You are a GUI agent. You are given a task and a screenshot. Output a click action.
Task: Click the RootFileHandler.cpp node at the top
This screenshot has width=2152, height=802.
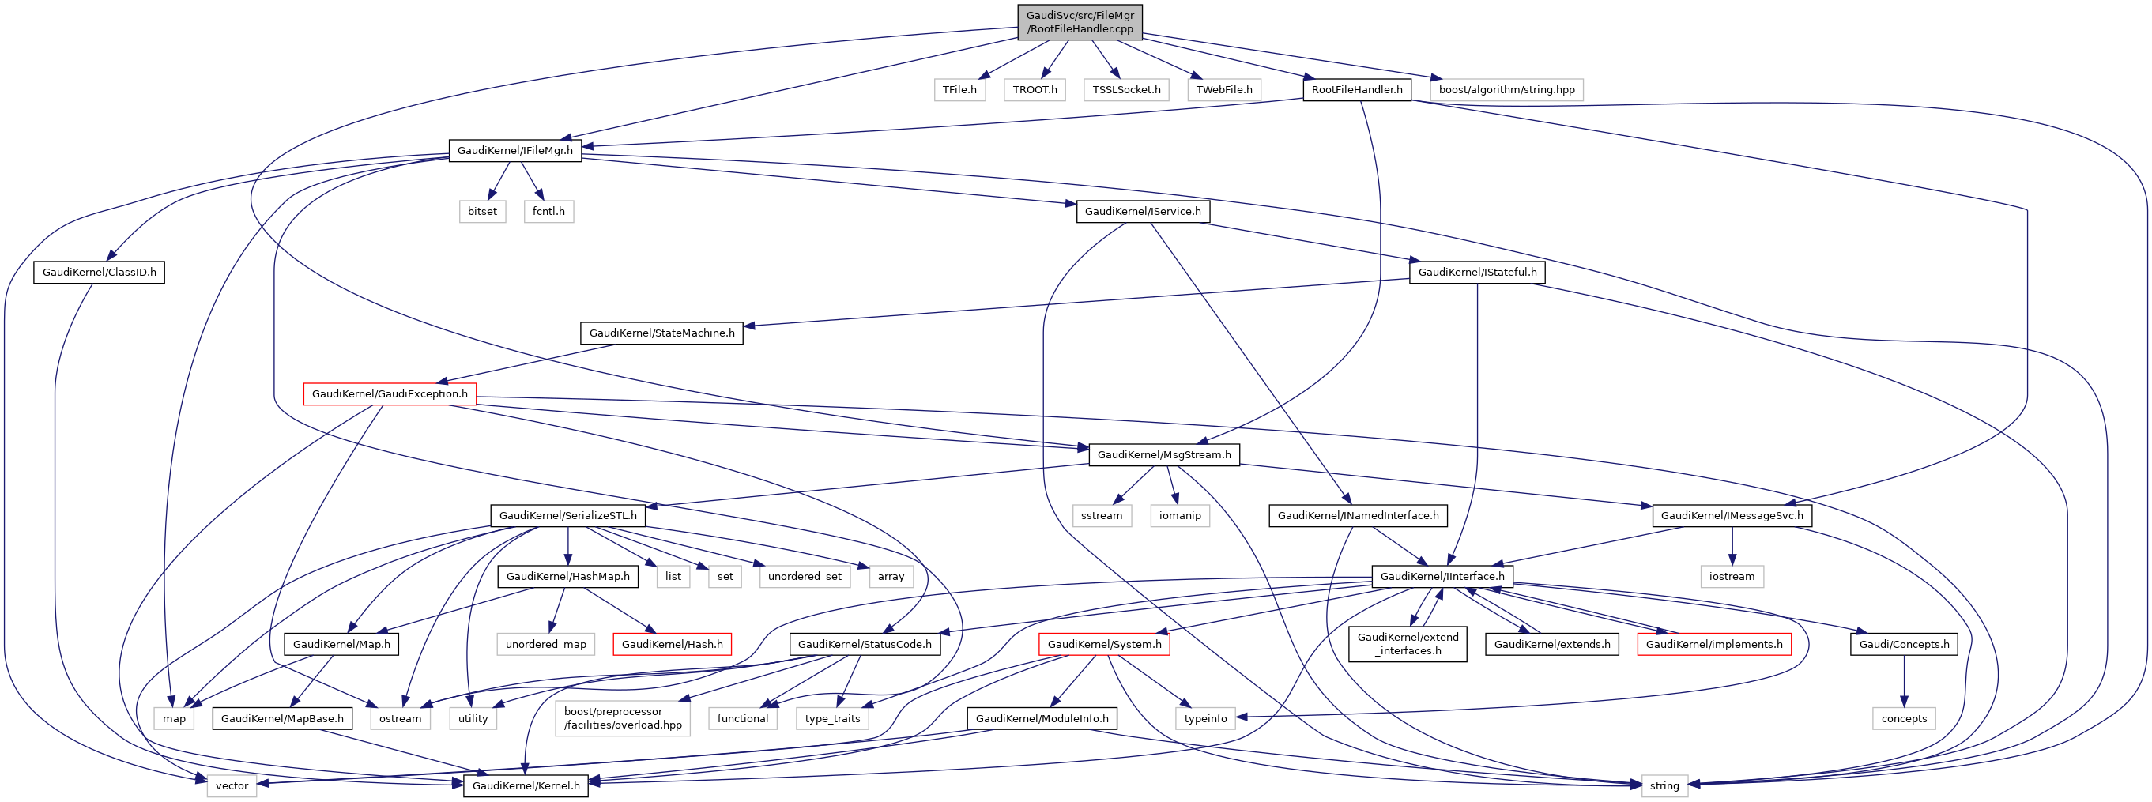point(1080,21)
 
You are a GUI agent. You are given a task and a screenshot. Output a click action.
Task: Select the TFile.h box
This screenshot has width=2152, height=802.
point(959,89)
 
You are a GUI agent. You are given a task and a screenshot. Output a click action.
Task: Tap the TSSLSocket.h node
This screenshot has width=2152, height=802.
point(1126,89)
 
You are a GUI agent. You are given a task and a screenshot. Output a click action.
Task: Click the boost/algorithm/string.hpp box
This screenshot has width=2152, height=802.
point(1506,89)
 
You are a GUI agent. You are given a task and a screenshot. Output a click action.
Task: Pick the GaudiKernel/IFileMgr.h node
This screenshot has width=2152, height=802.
point(514,150)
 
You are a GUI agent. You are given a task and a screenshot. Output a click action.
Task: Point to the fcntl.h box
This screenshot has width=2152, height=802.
point(548,211)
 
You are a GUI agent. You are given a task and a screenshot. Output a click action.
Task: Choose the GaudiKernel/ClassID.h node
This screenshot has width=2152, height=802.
point(99,273)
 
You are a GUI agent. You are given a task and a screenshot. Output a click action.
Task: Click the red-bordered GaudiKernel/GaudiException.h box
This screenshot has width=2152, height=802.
point(390,393)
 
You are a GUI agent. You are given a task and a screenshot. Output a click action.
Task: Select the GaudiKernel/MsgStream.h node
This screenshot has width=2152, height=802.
point(1163,454)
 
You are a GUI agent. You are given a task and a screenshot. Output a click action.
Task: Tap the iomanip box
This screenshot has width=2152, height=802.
point(1180,515)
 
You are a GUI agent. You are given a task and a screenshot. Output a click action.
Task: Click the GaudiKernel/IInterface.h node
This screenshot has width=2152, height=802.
point(1442,577)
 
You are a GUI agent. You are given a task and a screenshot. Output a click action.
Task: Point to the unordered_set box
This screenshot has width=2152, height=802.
point(805,577)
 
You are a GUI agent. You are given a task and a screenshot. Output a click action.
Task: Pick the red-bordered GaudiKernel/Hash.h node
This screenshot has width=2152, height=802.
point(672,644)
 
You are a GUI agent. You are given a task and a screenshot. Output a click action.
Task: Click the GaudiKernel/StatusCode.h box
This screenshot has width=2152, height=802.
point(864,644)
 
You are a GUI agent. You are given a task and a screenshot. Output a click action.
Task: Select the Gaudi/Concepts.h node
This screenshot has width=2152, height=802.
point(1903,644)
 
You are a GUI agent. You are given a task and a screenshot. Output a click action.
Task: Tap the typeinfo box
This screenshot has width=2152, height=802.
point(1205,718)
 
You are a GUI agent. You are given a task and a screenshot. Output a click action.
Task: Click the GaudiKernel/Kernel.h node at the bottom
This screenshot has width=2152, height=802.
point(526,785)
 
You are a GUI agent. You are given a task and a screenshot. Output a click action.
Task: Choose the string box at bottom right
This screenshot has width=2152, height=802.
point(1664,785)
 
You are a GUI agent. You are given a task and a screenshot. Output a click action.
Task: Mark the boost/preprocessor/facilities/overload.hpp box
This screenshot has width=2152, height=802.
point(623,718)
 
